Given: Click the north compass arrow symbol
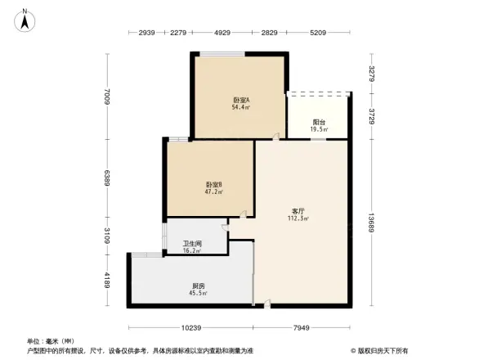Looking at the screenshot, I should point(25,19).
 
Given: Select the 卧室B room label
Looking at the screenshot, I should point(214,185).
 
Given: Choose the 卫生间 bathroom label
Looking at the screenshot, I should point(192,245).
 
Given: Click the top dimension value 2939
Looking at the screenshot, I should point(147,33).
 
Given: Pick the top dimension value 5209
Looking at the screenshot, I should point(319,33).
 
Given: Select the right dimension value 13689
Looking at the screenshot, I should point(373,223).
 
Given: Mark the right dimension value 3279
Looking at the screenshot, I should point(373,73).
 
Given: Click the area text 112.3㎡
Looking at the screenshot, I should point(298,219).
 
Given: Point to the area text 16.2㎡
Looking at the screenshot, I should point(193,252).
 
